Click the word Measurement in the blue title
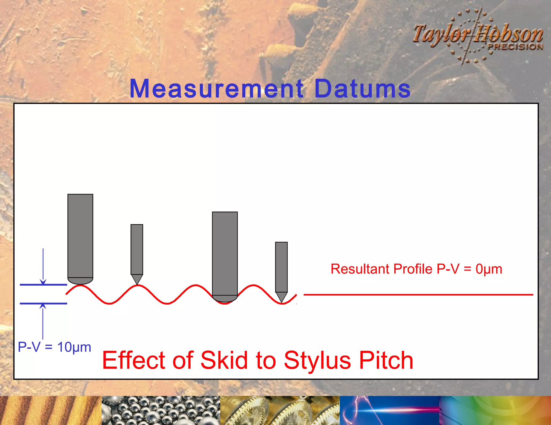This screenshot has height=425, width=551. (x=217, y=89)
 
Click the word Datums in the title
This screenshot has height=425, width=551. (x=362, y=89)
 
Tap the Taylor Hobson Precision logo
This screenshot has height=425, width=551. (x=478, y=36)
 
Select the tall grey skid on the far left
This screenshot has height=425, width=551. (x=80, y=236)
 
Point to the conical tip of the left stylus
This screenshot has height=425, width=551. (x=137, y=279)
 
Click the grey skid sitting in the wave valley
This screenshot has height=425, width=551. (x=225, y=255)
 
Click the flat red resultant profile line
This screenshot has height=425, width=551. (x=418, y=295)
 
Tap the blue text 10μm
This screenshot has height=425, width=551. (x=74, y=347)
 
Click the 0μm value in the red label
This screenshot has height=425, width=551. (x=489, y=269)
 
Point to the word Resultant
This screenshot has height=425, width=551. (x=360, y=269)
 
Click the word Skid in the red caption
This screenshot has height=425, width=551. (x=224, y=360)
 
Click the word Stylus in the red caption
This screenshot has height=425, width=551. (x=317, y=360)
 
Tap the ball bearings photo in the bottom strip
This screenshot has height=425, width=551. (x=161, y=410)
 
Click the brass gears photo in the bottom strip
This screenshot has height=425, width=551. (x=280, y=410)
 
